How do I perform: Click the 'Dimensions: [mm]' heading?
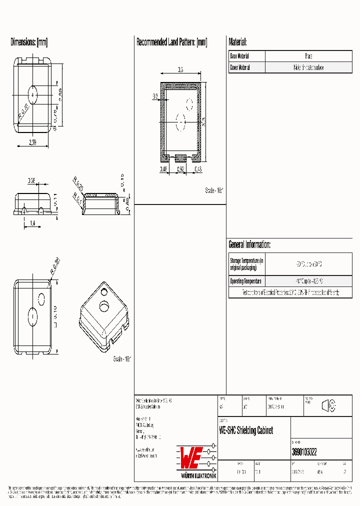tap(29, 42)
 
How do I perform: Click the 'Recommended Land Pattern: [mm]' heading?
tap(171, 42)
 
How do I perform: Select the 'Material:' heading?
tap(237, 42)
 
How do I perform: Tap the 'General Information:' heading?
tap(249, 244)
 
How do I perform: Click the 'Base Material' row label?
tap(239, 56)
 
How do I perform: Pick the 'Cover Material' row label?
tap(240, 67)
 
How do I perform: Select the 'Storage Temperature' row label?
tap(246, 264)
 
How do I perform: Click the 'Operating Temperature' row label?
tap(245, 281)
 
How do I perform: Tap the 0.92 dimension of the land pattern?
tap(180, 169)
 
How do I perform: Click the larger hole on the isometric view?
tap(104, 305)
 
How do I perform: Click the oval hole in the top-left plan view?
tap(33, 93)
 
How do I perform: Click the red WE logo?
tap(191, 456)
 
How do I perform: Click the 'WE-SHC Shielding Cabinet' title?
tap(246, 430)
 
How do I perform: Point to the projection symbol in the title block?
tap(328, 406)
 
